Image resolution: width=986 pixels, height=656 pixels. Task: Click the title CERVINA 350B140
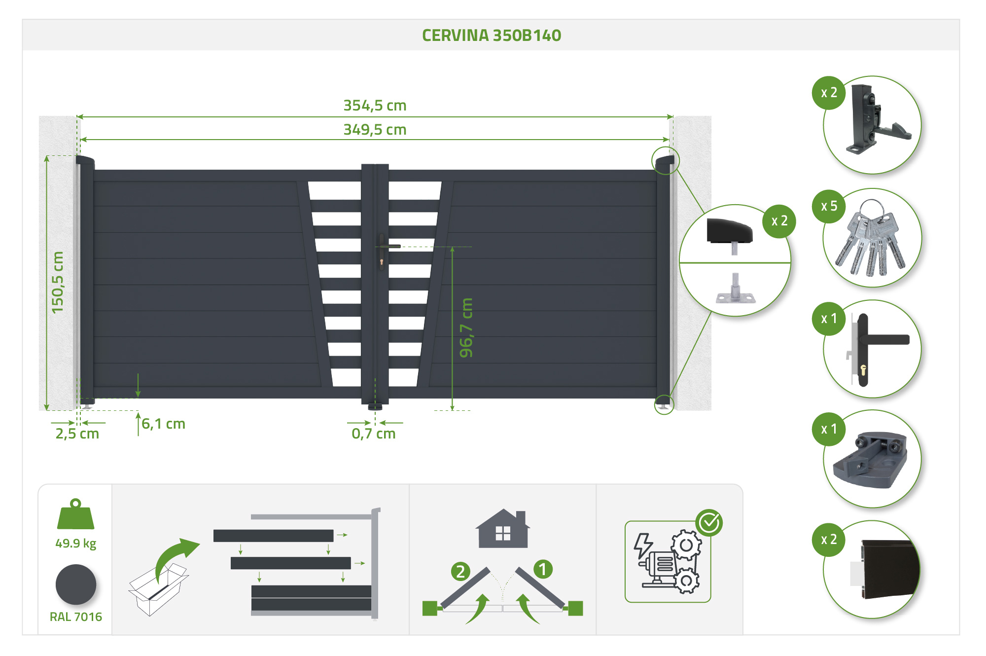pos(492,36)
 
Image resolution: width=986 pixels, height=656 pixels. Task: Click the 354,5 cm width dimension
pos(375,106)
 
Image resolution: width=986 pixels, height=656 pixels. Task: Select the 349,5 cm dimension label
pos(375,130)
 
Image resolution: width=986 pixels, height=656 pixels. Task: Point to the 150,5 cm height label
pos(58,282)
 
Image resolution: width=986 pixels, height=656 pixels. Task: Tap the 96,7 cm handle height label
pos(466,328)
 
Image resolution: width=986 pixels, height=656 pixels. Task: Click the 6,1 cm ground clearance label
pos(163,424)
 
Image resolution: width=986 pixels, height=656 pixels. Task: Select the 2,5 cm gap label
pos(77,434)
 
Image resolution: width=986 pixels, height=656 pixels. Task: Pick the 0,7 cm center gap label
pos(374,434)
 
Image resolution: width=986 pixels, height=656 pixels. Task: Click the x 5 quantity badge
pos(829,206)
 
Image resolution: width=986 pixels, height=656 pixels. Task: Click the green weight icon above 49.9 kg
pos(75,515)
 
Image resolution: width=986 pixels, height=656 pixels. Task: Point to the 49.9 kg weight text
pos(75,544)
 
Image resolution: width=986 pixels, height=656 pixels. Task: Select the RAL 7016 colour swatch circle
pos(76,585)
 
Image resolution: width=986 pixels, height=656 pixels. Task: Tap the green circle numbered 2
pos(460,571)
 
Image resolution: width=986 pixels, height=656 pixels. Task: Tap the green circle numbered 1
pos(543,569)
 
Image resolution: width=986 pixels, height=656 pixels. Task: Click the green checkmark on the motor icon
pos(709,523)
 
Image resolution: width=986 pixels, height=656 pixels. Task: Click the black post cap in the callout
pos(729,231)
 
